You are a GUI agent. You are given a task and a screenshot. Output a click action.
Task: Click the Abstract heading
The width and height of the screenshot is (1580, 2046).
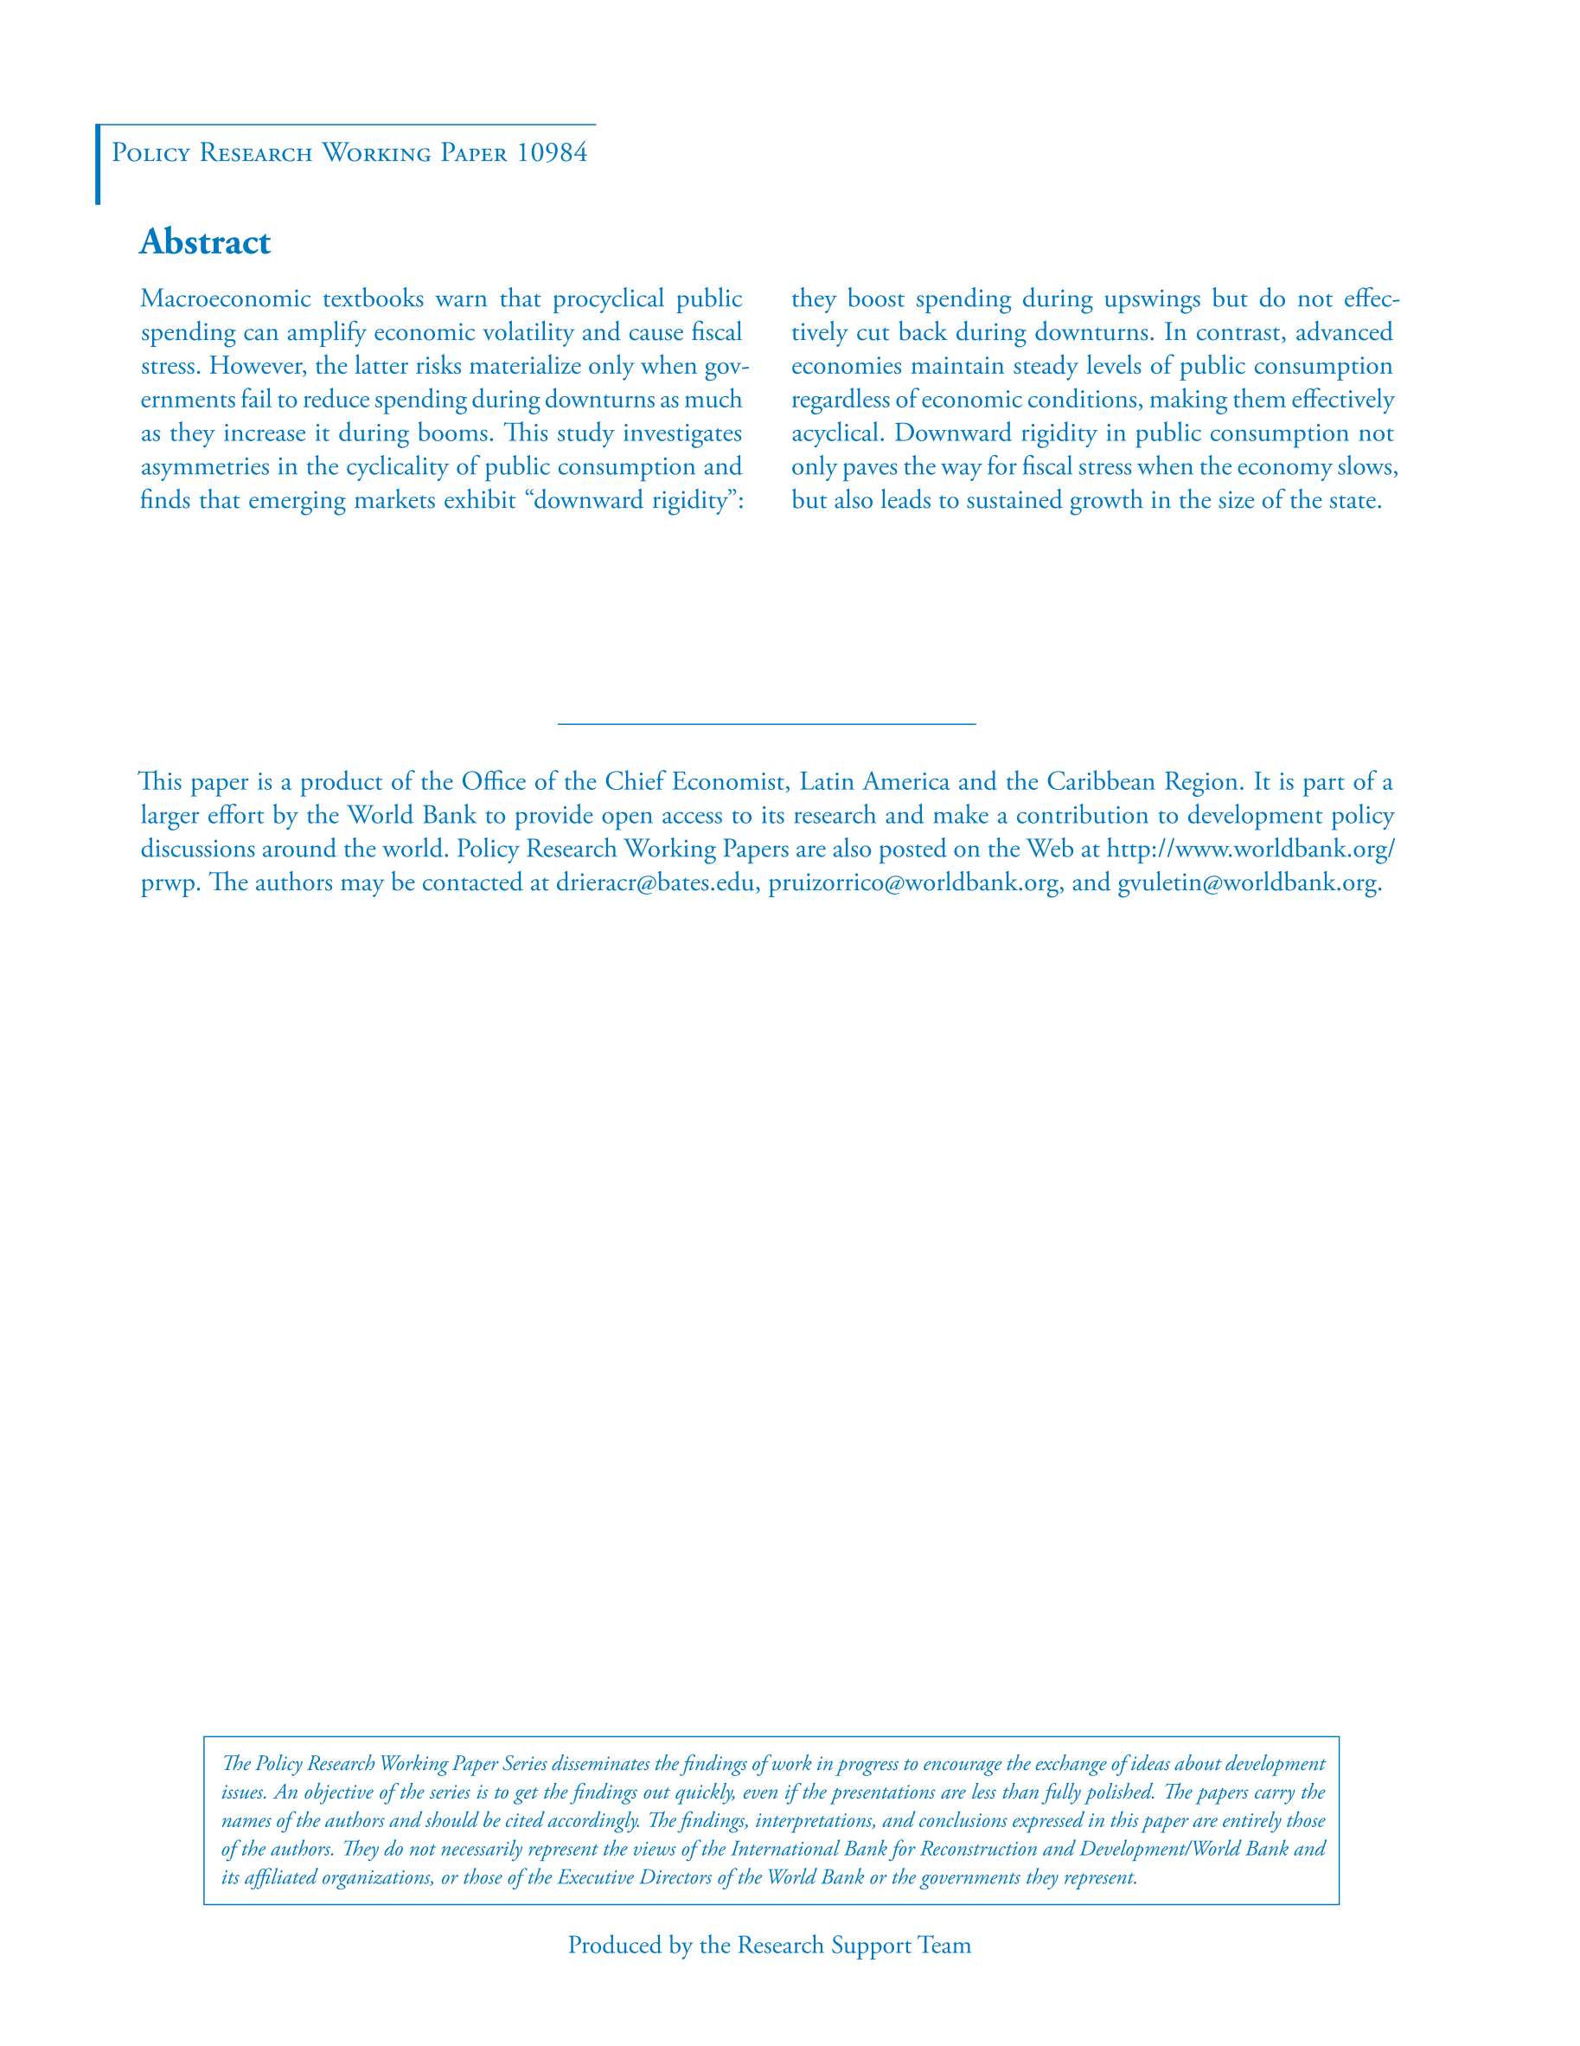(x=204, y=241)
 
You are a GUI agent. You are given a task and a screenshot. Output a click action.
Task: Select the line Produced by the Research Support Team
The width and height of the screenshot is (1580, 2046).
(x=769, y=1945)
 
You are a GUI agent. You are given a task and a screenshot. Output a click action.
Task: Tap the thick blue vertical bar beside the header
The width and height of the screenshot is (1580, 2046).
(x=98, y=164)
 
